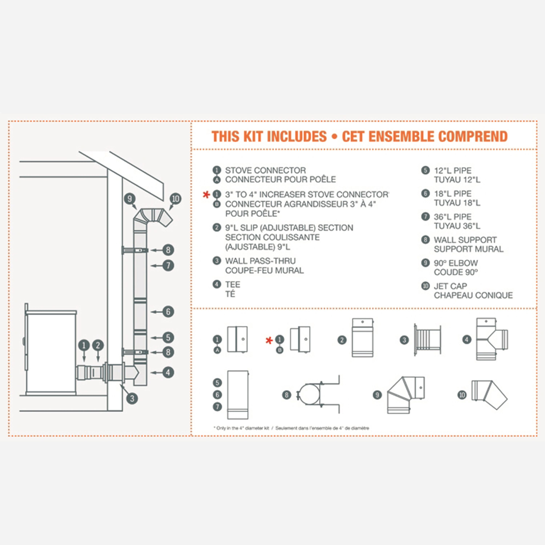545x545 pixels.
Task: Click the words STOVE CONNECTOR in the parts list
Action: pos(265,170)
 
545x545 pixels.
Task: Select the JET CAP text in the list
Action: pos(450,286)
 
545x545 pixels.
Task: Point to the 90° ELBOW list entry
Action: pos(456,263)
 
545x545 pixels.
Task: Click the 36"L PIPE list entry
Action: pos(453,217)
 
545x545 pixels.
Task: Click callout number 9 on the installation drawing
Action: pos(130,199)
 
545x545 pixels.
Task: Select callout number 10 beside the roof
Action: pos(175,199)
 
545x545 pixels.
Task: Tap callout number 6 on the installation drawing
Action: pos(168,312)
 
